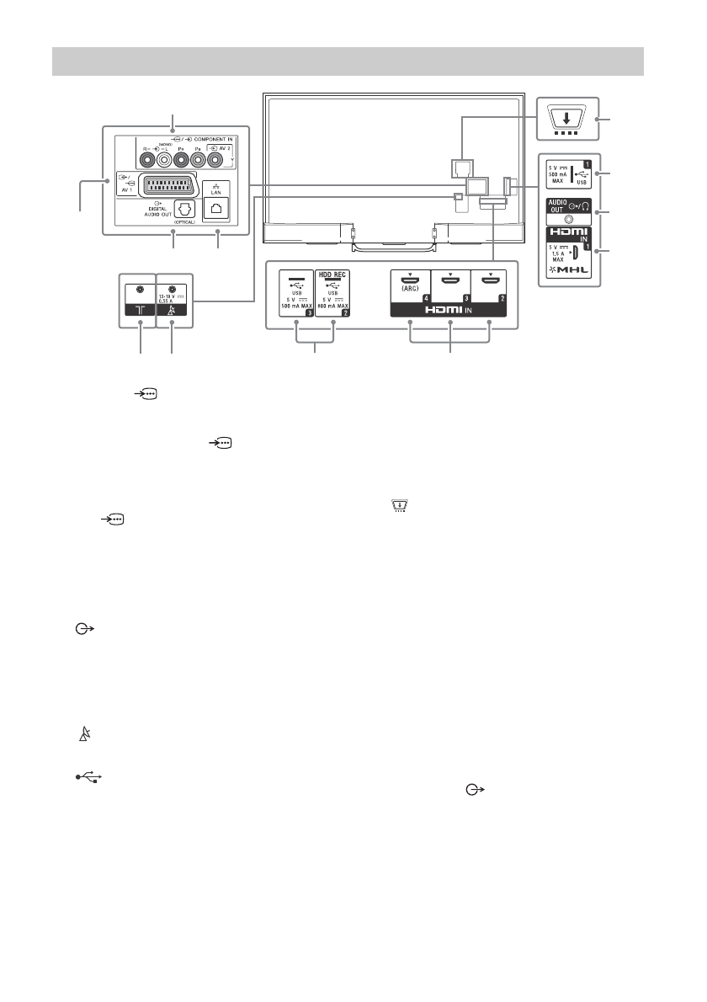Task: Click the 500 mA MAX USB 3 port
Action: (297, 279)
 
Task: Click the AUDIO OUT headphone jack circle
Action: (565, 215)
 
